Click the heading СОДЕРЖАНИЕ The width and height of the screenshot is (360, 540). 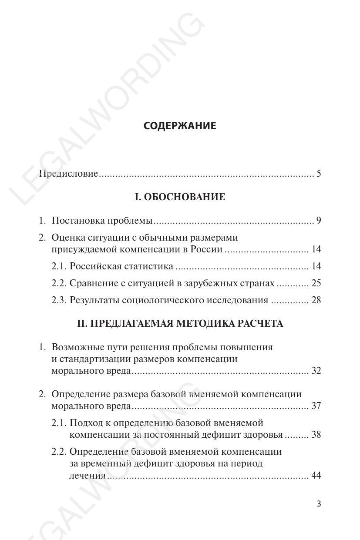pos(180,126)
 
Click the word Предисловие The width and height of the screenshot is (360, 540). pos(68,174)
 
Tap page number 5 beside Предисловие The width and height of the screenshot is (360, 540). pos(319,174)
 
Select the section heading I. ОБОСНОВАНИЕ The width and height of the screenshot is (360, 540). pos(180,197)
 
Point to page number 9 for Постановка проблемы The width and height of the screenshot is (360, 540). pos(319,221)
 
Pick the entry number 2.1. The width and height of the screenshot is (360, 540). pos(59,266)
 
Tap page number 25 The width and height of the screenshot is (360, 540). pos(316,283)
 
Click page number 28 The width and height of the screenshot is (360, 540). pos(316,300)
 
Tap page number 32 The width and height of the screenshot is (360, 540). pos(316,371)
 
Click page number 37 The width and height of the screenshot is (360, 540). pos(316,406)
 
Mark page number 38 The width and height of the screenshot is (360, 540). pos(316,435)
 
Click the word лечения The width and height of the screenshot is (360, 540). pos(87,476)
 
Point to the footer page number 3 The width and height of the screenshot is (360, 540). pos(319,504)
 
